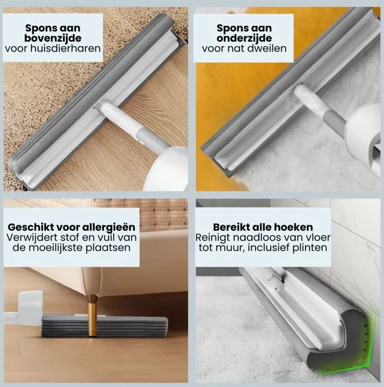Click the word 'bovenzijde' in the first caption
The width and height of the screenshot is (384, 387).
pos(53,38)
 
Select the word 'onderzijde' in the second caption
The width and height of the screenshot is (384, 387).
pos(244,38)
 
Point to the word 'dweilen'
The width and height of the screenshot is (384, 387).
pos(268,48)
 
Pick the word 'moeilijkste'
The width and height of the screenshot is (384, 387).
pos(56,247)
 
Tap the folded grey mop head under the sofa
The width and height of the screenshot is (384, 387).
pos(105,326)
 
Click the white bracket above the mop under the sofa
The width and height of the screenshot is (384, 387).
pos(30,303)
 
